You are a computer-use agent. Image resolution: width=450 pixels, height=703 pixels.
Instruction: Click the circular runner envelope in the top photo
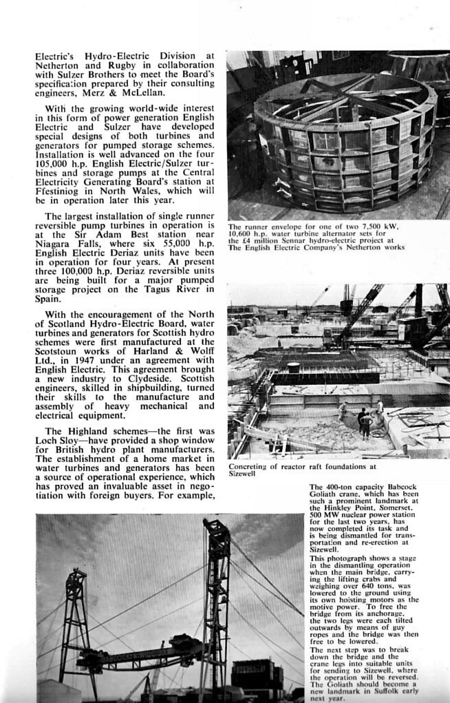tap(344, 148)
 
